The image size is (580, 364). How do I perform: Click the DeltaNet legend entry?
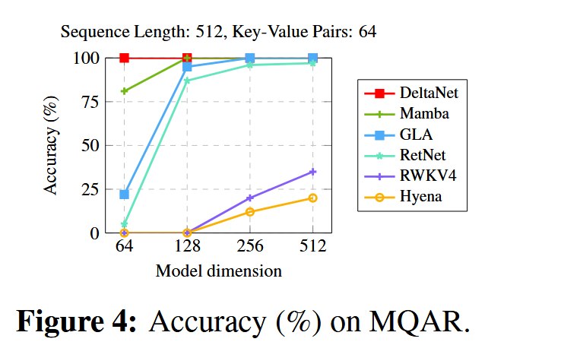pos(411,93)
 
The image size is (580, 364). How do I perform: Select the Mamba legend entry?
pos(407,113)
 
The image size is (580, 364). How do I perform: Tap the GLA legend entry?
pos(398,135)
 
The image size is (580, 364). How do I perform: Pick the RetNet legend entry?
pos(405,155)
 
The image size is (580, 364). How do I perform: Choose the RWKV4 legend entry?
pos(410,176)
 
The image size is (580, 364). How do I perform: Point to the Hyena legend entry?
pos(403,196)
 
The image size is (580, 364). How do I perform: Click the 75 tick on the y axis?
pos(90,102)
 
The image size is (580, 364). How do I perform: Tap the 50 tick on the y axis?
pos(90,145)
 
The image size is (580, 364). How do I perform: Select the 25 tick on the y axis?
pos(90,189)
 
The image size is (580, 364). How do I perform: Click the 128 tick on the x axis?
pos(187,246)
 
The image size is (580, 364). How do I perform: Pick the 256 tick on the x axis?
pos(250,246)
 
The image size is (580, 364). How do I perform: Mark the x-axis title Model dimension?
pos(219,271)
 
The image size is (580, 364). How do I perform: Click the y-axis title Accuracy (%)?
pos(51,145)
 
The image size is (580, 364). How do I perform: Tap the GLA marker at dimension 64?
pos(125,195)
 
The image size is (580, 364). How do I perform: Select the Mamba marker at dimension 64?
pos(125,91)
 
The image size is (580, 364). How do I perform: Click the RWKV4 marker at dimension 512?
pos(313,172)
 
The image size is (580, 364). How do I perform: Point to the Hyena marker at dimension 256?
pos(250,212)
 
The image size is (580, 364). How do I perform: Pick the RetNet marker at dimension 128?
pos(187,81)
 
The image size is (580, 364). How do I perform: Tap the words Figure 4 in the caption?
pos(77,321)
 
